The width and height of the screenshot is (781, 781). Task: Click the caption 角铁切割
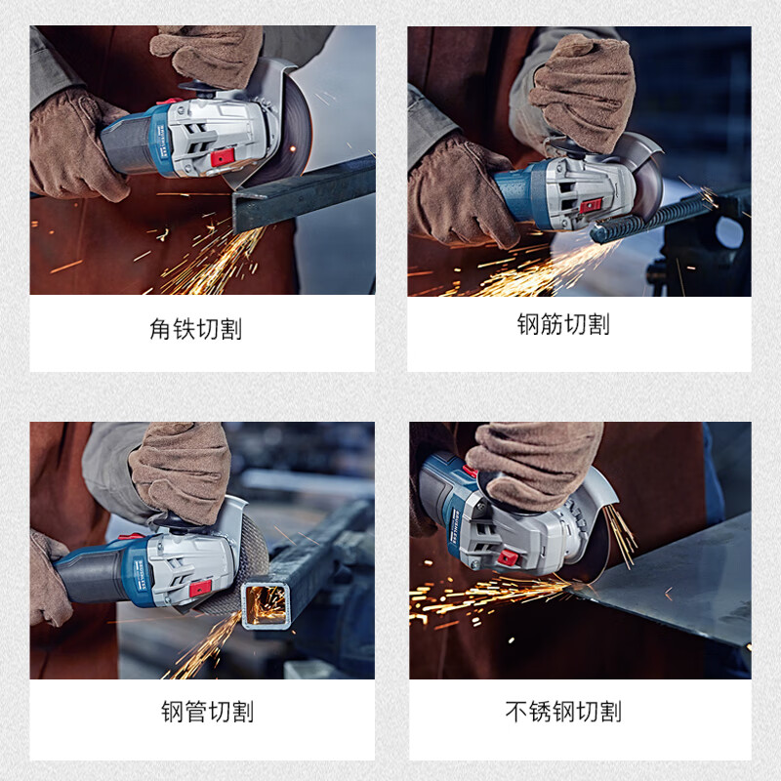pos(196,329)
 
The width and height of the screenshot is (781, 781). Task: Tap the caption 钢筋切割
pos(563,324)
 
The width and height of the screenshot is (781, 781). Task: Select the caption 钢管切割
pos(208,712)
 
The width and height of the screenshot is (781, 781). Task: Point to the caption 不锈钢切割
pos(563,712)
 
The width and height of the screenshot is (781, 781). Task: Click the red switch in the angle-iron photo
pos(223,157)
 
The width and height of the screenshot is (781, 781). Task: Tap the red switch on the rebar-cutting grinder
pos(591,205)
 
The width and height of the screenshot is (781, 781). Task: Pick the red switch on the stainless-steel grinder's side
pos(509,557)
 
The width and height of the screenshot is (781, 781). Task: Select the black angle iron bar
pos(304,193)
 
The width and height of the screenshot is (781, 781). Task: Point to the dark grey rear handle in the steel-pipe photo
pos(92,578)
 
